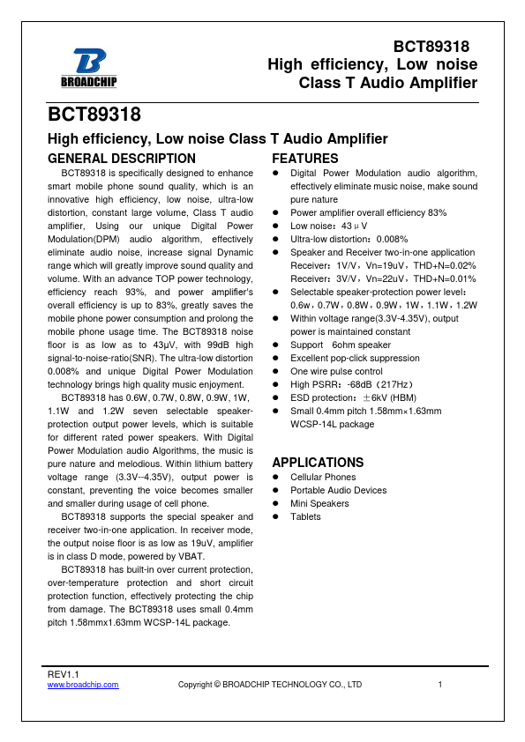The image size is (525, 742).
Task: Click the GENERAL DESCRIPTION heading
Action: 121,159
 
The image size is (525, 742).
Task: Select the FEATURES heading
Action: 304,159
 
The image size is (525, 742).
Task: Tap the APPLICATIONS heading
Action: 318,463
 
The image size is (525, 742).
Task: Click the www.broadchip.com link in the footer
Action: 82,684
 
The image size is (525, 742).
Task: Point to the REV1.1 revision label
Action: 63,674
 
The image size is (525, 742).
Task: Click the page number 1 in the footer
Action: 439,684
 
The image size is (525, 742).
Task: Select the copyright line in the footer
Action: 270,684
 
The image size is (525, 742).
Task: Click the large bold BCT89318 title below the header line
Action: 94,115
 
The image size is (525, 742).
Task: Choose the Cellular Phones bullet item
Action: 323,478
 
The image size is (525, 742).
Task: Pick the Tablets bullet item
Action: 305,517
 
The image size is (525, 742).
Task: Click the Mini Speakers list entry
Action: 319,504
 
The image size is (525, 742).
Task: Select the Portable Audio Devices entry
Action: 338,491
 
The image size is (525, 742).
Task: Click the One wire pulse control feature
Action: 336,372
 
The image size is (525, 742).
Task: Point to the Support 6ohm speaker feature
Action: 341,345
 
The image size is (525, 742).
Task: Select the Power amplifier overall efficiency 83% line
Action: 368,213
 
